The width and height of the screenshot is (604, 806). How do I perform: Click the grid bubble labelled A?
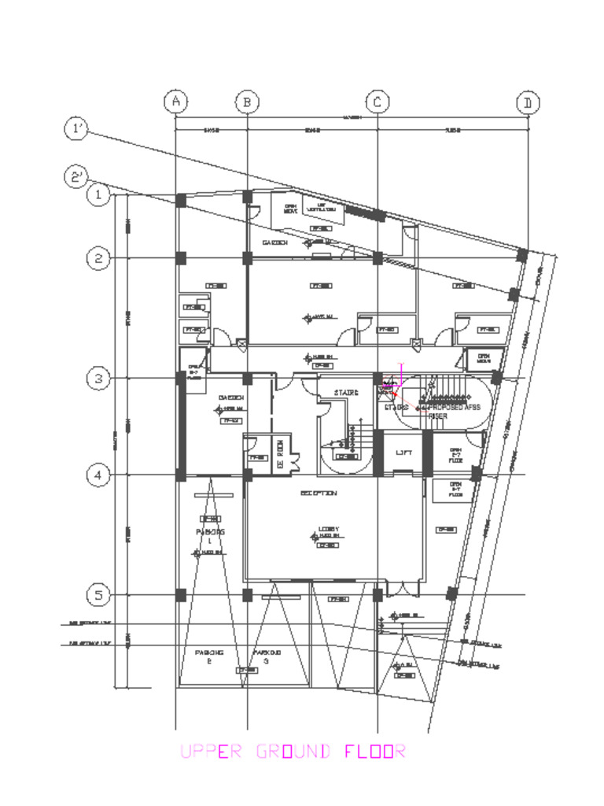tap(175, 102)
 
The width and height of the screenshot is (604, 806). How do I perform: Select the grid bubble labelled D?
tap(528, 103)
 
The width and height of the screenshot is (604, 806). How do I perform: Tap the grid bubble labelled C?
tap(377, 102)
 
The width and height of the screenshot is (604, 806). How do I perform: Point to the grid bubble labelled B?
tap(247, 102)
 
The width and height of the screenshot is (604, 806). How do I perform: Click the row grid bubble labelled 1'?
tap(76, 129)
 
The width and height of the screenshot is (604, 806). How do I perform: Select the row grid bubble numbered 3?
tap(98, 379)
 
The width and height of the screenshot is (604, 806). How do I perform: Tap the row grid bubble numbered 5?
tap(98, 595)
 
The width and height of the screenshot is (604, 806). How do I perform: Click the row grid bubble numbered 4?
tap(98, 475)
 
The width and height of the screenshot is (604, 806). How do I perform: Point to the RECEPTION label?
tap(319, 494)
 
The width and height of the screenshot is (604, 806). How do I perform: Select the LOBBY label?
tap(328, 528)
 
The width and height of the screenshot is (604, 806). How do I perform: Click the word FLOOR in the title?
tap(375, 752)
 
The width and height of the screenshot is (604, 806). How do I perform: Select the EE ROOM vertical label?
tap(280, 454)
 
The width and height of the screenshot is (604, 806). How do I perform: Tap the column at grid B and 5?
tap(247, 595)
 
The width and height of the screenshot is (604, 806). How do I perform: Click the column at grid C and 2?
tap(377, 258)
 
